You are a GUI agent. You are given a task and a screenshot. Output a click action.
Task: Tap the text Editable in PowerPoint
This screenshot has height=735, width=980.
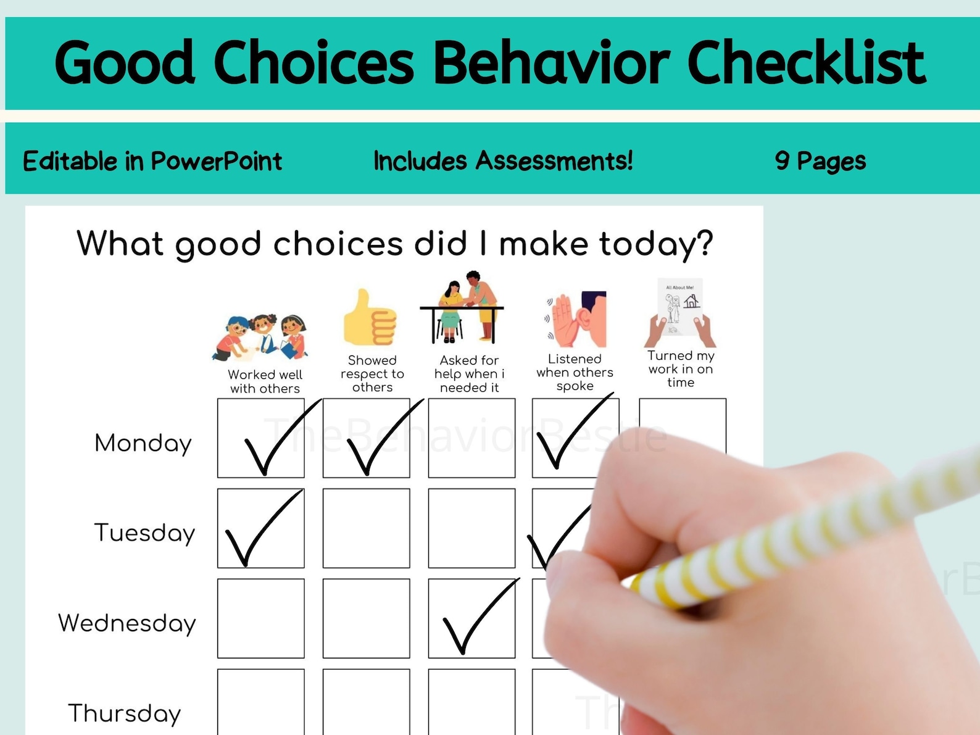152,161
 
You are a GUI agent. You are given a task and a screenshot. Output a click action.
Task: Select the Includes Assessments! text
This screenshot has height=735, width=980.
503,160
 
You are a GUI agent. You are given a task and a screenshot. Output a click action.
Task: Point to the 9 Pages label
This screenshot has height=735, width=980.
820,161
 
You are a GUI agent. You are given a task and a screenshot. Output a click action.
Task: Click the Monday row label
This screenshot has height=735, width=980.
143,443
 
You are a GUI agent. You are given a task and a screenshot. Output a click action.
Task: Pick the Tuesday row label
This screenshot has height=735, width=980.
144,533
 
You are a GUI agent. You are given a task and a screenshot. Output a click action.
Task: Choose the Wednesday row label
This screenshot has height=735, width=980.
127,623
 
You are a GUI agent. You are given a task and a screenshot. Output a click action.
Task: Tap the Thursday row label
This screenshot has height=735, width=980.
125,713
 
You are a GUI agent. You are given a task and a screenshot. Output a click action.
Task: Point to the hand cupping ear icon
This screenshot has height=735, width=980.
577,320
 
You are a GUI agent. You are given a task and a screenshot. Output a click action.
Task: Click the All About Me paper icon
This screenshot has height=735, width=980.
680,312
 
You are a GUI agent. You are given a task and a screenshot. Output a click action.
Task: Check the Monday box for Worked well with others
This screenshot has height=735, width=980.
260,438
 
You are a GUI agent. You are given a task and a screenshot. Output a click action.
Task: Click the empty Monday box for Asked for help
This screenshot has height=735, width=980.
471,438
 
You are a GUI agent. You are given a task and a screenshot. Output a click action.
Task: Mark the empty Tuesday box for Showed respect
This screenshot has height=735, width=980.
366,528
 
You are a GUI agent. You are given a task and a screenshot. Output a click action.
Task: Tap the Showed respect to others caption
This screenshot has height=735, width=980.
372,373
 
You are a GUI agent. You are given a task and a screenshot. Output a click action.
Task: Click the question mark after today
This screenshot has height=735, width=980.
702,243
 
